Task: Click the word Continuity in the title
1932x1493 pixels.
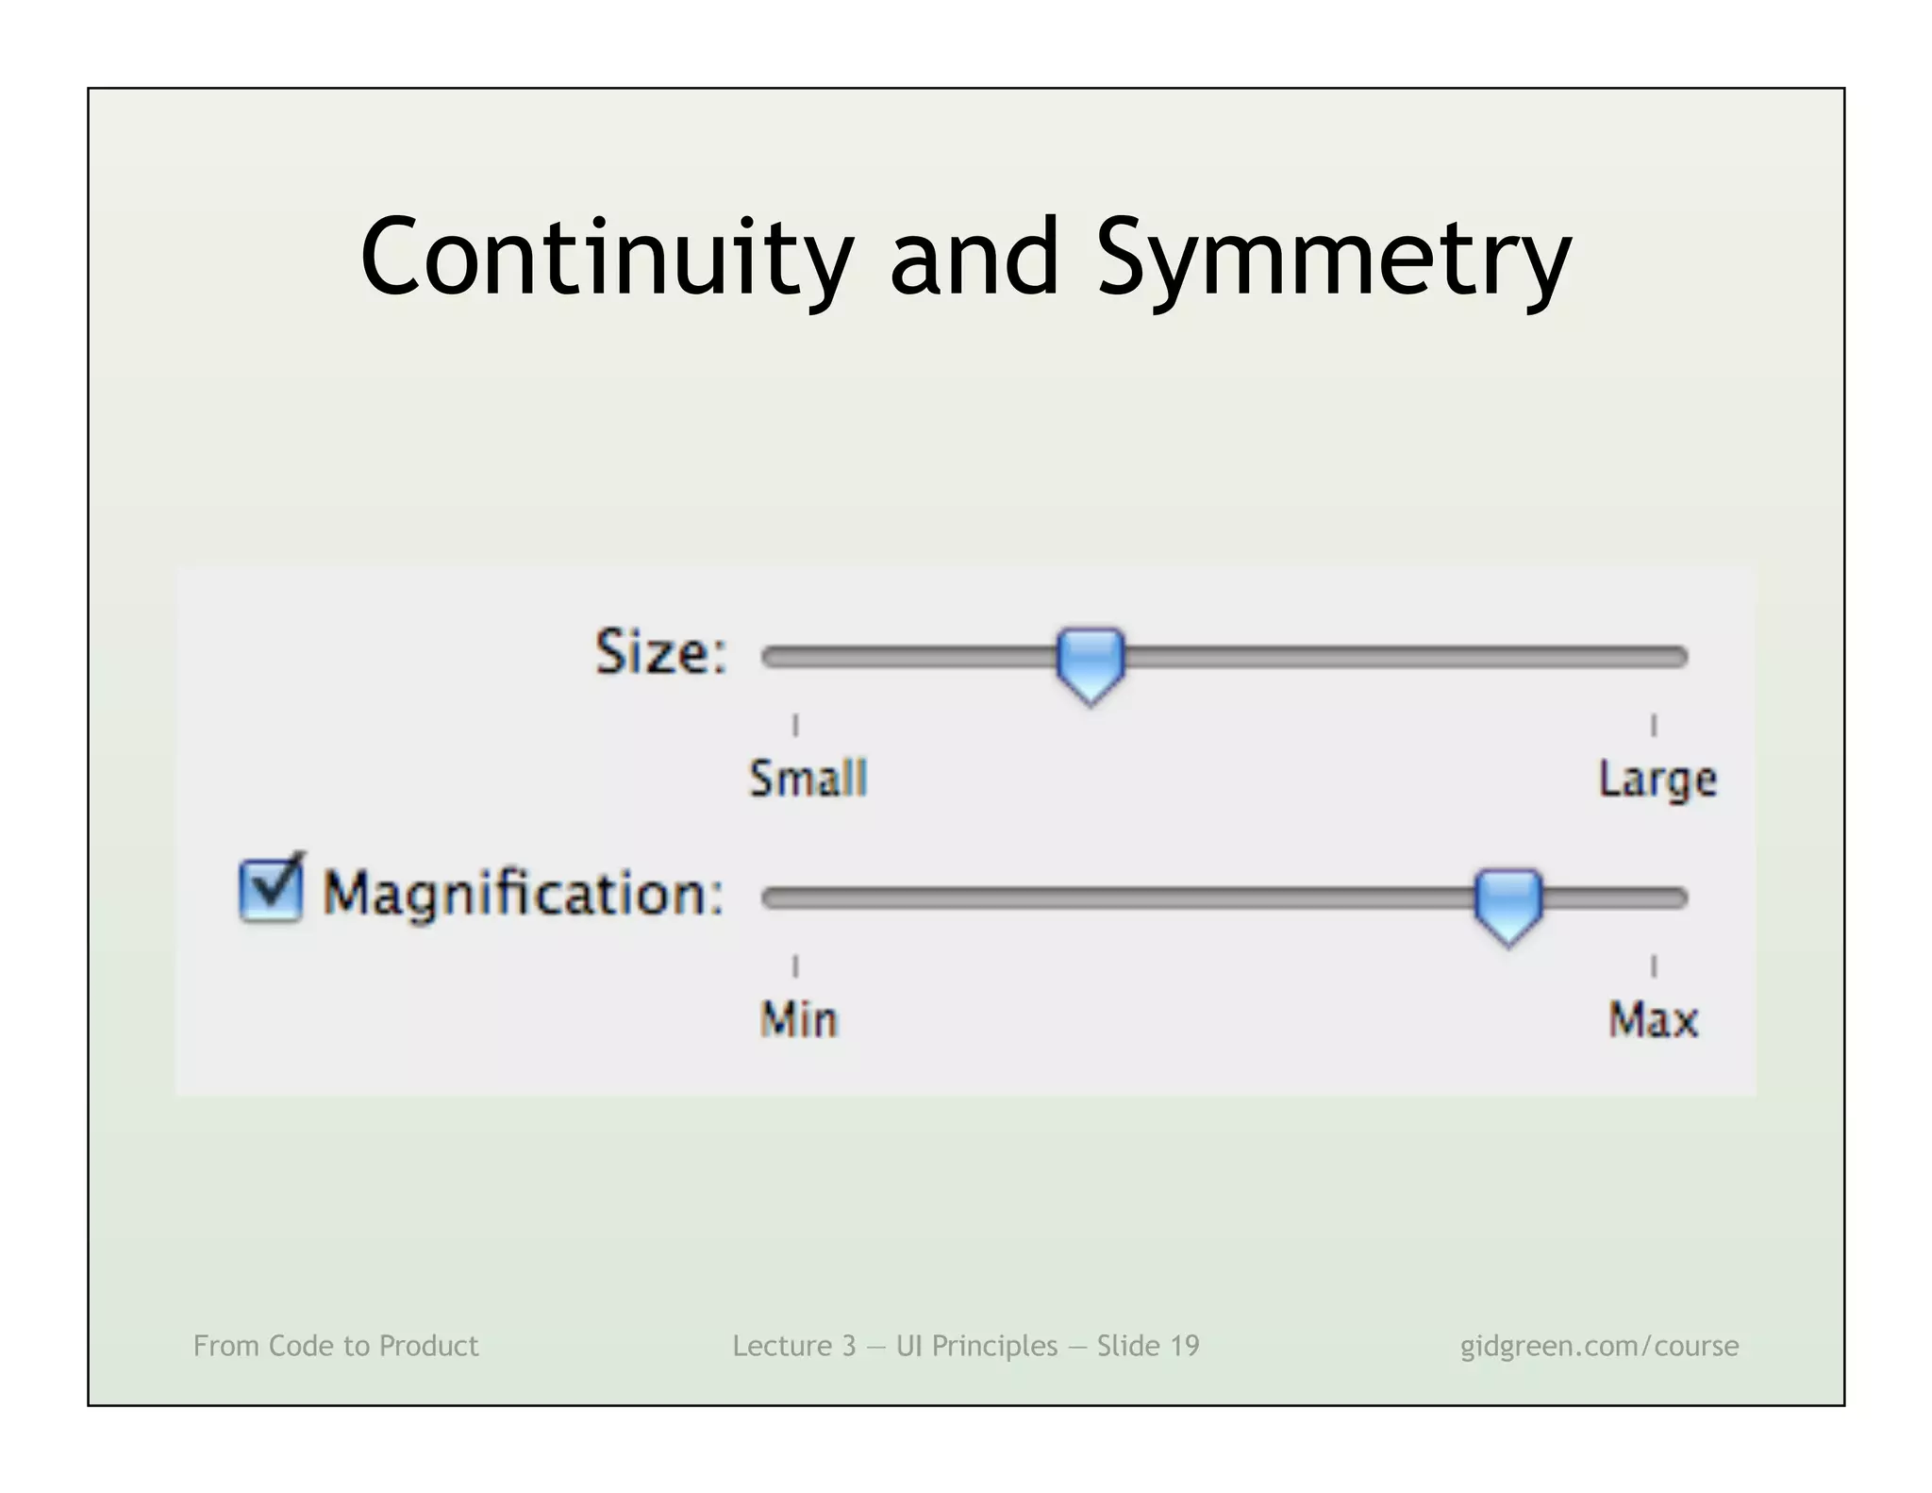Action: (606, 258)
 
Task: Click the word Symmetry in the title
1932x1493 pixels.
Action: (1333, 258)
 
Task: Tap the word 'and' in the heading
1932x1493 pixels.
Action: (974, 258)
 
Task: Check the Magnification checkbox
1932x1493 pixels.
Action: (271, 889)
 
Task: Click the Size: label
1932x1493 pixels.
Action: (661, 652)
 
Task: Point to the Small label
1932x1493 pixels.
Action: (808, 780)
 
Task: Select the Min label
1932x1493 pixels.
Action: (799, 1020)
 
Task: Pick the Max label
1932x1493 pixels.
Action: (1653, 1020)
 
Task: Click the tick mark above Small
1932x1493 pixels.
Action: (795, 725)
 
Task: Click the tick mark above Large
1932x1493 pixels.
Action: (1653, 725)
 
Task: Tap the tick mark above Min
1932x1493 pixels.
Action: (795, 965)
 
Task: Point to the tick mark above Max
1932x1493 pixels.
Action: (1653, 965)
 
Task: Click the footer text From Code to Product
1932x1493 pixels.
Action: (336, 1346)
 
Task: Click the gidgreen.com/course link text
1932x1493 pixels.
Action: (1599, 1346)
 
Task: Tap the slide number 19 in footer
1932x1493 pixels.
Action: (1185, 1346)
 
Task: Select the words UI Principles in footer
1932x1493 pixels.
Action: (976, 1346)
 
